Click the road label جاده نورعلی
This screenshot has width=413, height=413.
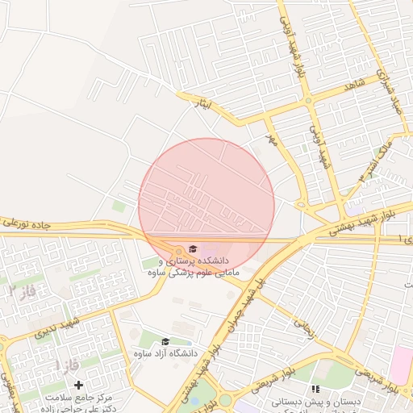point(27,221)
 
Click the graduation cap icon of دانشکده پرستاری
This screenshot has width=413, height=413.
point(193,248)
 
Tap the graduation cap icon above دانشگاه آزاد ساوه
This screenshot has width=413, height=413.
point(166,342)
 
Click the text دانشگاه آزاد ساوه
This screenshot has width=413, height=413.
point(165,354)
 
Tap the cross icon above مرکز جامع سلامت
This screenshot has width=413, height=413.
point(78,386)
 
